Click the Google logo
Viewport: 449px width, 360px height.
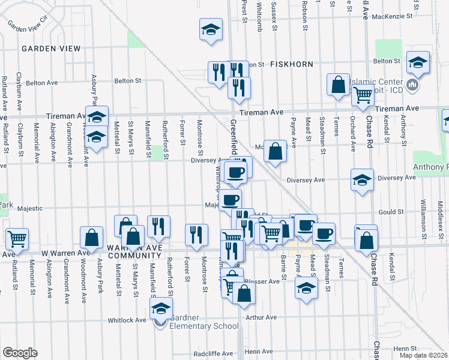coord(20,353)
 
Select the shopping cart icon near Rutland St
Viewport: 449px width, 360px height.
coord(17,238)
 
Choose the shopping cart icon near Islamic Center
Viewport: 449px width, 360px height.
coord(363,95)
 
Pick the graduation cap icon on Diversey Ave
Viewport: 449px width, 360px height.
coord(362,180)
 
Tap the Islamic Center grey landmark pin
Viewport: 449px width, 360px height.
coord(412,85)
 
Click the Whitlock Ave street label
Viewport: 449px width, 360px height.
coord(127,320)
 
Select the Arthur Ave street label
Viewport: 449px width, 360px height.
coord(263,317)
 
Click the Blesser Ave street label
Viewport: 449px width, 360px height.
coord(267,281)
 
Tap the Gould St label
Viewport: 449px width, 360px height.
coord(390,212)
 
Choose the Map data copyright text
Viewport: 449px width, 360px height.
coord(423,355)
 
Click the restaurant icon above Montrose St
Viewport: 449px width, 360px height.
coord(195,235)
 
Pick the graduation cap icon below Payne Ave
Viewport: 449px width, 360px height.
coord(306,287)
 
